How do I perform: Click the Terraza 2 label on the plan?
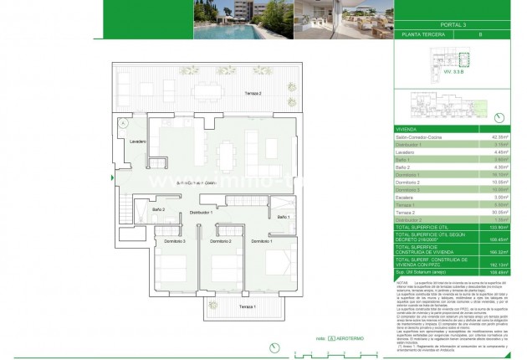click(x=254, y=93)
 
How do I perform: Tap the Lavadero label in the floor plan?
click(x=138, y=142)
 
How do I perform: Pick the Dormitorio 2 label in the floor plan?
click(x=219, y=241)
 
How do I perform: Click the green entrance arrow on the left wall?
click(x=112, y=177)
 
